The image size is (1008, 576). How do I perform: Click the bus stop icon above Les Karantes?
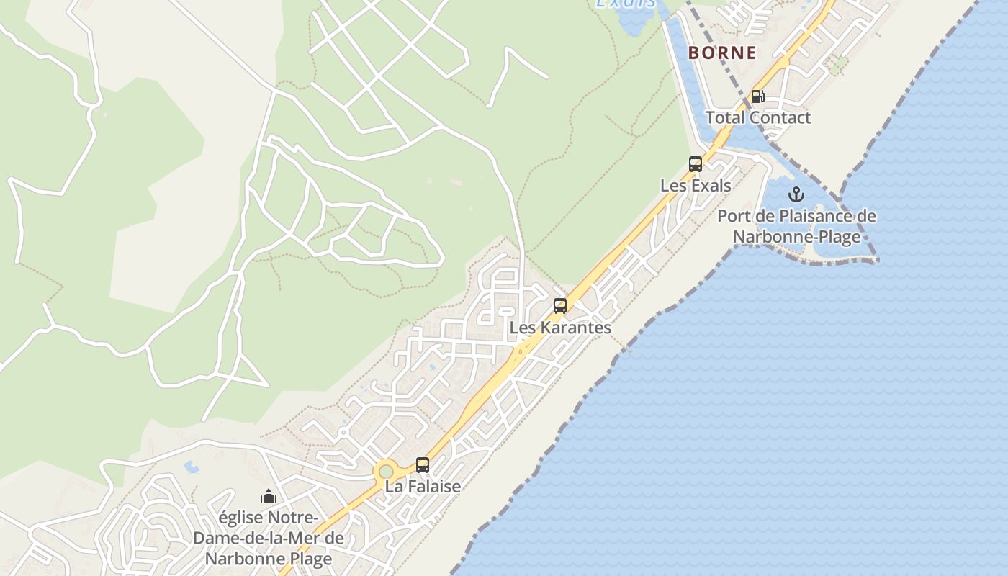560,306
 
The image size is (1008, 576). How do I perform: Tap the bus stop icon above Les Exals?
695,164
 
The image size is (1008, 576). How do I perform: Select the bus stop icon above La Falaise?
423,465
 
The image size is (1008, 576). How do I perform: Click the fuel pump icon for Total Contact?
757,96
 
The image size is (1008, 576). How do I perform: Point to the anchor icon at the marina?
796,194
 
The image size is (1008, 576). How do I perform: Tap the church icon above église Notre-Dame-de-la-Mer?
269,496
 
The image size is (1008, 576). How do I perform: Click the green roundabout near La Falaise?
387,471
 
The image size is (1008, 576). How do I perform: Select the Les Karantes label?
560,328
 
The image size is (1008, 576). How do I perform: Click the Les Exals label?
696,186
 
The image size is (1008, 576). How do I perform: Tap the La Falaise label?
423,487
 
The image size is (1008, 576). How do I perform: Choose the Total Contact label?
757,117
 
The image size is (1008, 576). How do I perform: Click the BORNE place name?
722,53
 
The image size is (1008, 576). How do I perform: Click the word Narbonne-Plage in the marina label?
796,237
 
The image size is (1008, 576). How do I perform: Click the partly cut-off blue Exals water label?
626,4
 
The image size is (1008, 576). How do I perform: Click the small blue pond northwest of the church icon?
192,467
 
